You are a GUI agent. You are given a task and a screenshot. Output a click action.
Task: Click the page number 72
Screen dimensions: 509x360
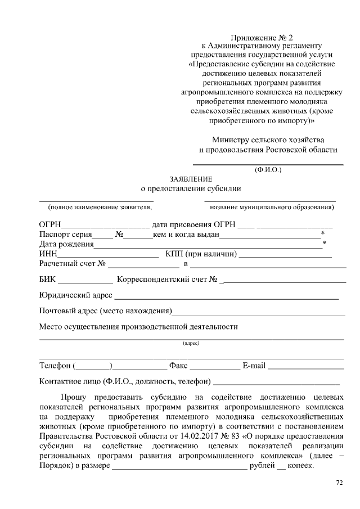(339, 482)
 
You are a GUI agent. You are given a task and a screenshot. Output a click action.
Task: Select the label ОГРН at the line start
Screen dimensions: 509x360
(50, 224)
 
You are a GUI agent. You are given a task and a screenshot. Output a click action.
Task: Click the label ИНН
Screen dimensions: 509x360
(48, 254)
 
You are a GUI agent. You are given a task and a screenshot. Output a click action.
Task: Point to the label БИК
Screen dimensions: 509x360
(48, 280)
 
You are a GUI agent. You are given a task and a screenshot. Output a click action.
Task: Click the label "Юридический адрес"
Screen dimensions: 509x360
(75, 295)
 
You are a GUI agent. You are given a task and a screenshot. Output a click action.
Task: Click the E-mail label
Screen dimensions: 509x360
(254, 366)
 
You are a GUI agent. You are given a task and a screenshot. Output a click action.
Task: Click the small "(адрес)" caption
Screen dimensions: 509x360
(191, 343)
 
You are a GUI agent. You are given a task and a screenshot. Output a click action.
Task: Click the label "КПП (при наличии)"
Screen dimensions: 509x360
(201, 254)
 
